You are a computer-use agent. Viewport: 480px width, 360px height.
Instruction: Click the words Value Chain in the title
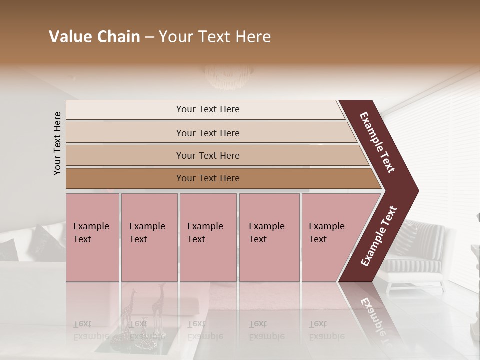pyautogui.click(x=94, y=37)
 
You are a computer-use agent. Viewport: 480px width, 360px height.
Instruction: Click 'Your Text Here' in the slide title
pyautogui.click(x=215, y=37)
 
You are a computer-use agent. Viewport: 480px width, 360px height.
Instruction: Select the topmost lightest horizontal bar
pyautogui.click(x=208, y=109)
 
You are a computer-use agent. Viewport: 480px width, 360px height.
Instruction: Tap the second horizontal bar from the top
pyautogui.click(x=208, y=133)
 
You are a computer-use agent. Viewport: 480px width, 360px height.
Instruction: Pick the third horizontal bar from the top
pyautogui.click(x=208, y=155)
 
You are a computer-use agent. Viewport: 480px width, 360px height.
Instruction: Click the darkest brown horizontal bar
pyautogui.click(x=208, y=178)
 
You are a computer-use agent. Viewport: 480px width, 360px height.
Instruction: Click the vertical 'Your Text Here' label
pyautogui.click(x=57, y=143)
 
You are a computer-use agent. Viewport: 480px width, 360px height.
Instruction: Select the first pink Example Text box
pyautogui.click(x=92, y=237)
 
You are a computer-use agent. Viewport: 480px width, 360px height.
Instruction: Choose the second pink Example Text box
pyautogui.click(x=149, y=237)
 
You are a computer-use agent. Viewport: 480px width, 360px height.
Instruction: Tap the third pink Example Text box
pyautogui.click(x=207, y=237)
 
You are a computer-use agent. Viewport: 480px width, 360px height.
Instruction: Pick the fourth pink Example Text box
pyautogui.click(x=269, y=237)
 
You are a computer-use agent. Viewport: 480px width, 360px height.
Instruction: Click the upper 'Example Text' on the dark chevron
pyautogui.click(x=377, y=142)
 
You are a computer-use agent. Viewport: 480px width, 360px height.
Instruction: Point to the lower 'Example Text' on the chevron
pyautogui.click(x=379, y=236)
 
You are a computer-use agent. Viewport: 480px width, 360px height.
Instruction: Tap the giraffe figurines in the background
pyautogui.click(x=145, y=305)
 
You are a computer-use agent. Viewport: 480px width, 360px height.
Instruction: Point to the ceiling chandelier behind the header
pyautogui.click(x=229, y=74)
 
